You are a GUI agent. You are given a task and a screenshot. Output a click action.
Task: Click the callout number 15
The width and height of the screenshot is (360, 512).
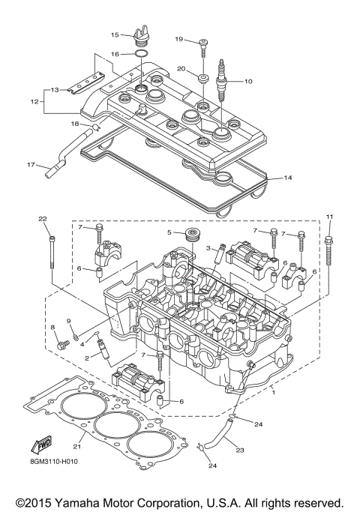tap(115, 35)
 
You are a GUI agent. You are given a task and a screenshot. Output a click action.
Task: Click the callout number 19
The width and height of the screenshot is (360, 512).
tap(179, 39)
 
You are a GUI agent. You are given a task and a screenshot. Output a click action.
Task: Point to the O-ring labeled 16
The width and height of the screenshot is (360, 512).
tap(138, 53)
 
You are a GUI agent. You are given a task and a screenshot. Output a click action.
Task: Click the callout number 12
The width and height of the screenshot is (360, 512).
tap(34, 101)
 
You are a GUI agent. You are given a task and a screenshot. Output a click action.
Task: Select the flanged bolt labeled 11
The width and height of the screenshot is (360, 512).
tap(329, 251)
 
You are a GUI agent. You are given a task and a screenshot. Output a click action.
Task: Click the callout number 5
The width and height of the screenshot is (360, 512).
tap(170, 232)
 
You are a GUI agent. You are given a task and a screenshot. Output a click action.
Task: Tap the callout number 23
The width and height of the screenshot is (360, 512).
tap(241, 451)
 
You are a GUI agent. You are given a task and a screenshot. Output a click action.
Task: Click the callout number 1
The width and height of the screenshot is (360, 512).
tap(273, 391)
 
